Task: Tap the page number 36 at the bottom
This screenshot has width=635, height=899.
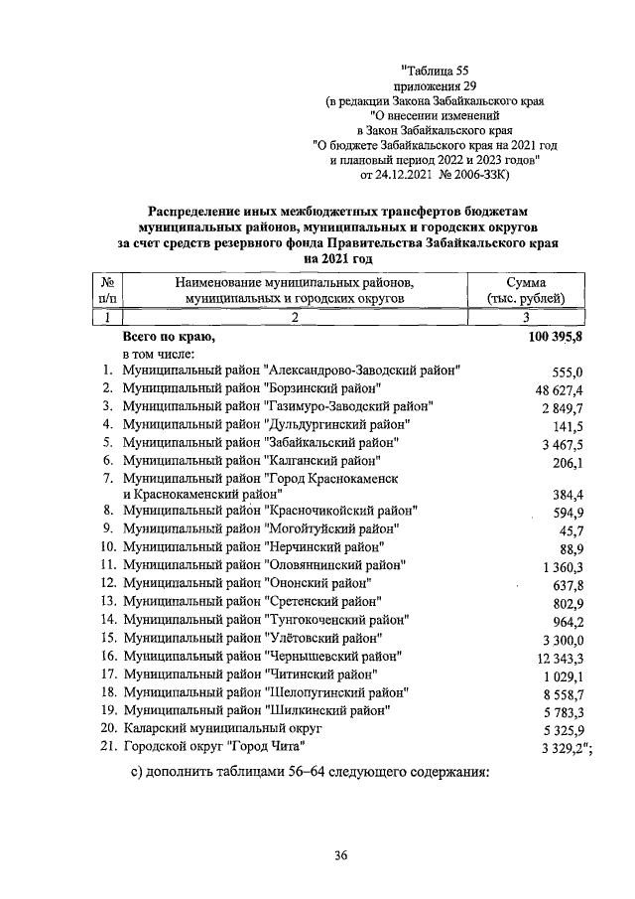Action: (x=340, y=855)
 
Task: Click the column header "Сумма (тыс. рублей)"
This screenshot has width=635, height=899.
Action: (x=526, y=290)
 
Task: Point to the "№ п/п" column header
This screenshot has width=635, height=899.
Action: (x=107, y=290)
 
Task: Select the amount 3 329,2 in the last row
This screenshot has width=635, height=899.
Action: (x=559, y=747)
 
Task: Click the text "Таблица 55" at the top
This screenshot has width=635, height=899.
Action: (x=434, y=69)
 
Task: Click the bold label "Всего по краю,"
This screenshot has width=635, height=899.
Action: (x=169, y=337)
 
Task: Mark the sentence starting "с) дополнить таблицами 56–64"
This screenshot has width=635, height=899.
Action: (x=311, y=774)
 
